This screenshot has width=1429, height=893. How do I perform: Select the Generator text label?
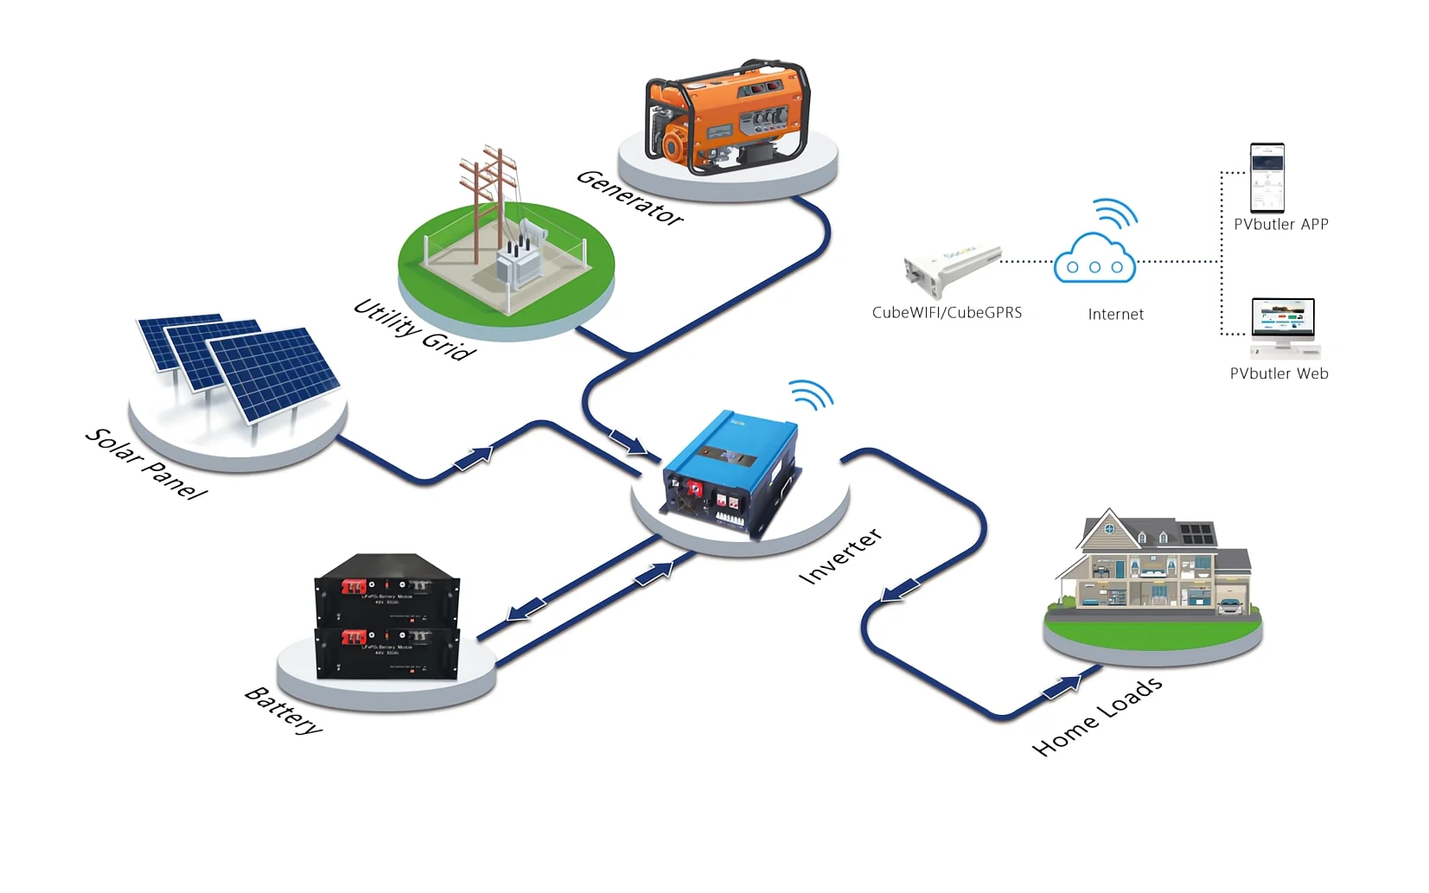coord(629,197)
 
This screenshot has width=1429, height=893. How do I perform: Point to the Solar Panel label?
coord(146,463)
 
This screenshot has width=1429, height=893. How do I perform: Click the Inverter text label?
coord(840,556)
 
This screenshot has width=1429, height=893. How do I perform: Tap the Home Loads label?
coord(1097,717)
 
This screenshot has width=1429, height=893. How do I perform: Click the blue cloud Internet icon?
coord(1094,258)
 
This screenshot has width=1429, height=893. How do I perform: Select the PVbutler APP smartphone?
coord(1266,178)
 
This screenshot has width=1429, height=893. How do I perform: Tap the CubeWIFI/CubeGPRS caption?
coord(947,313)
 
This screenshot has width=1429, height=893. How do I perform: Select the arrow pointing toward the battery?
coord(525,610)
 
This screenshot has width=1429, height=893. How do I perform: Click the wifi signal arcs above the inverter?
coord(811,394)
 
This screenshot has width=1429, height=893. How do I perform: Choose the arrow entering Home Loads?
coord(1062,687)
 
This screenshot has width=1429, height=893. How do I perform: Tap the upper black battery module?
coord(386,588)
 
